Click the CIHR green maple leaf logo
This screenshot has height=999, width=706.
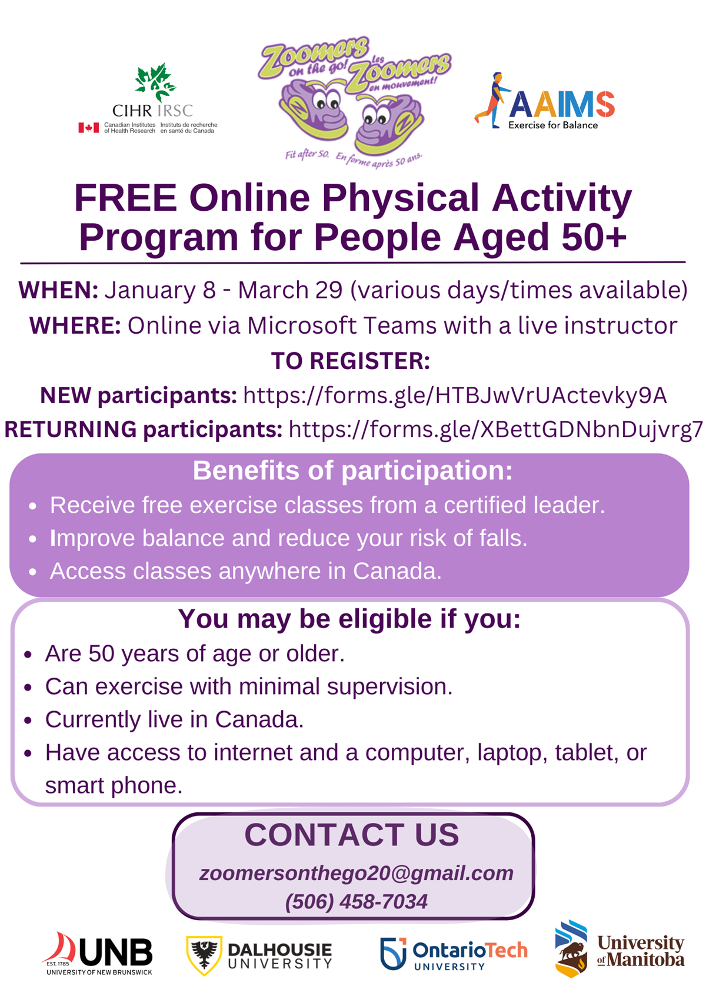click(x=155, y=82)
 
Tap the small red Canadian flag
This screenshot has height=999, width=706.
click(x=89, y=128)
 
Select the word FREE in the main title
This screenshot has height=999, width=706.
click(x=126, y=198)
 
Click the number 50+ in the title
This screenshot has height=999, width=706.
click(x=593, y=237)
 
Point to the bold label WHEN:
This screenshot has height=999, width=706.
click(x=58, y=290)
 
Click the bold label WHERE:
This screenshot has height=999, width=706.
click(x=75, y=326)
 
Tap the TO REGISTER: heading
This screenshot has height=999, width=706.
click(x=351, y=361)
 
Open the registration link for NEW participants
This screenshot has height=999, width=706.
click(x=455, y=396)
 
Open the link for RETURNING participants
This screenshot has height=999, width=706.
click(x=495, y=430)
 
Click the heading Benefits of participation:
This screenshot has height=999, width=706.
click(x=352, y=470)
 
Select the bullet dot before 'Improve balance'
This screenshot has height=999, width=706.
click(x=32, y=539)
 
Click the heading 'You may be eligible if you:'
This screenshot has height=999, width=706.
click(x=349, y=619)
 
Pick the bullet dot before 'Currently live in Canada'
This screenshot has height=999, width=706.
click(x=28, y=721)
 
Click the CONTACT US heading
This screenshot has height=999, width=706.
click(x=352, y=835)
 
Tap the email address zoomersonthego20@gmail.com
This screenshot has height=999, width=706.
click(x=356, y=874)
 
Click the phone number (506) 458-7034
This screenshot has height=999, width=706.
click(x=356, y=901)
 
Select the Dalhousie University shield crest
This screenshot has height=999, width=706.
click(x=204, y=955)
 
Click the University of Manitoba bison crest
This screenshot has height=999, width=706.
click(x=571, y=948)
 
